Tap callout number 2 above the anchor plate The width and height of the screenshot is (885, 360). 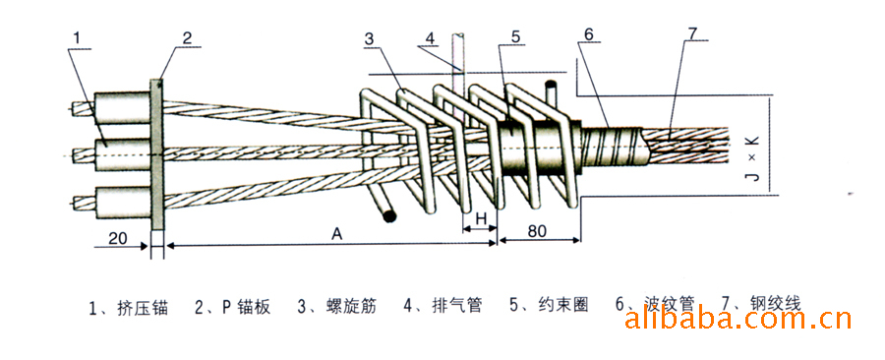[186, 39]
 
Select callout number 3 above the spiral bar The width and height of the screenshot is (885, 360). [368, 39]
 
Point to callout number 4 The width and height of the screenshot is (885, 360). [430, 39]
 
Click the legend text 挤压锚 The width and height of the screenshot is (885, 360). [141, 305]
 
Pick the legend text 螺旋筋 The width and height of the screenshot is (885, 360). [349, 305]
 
